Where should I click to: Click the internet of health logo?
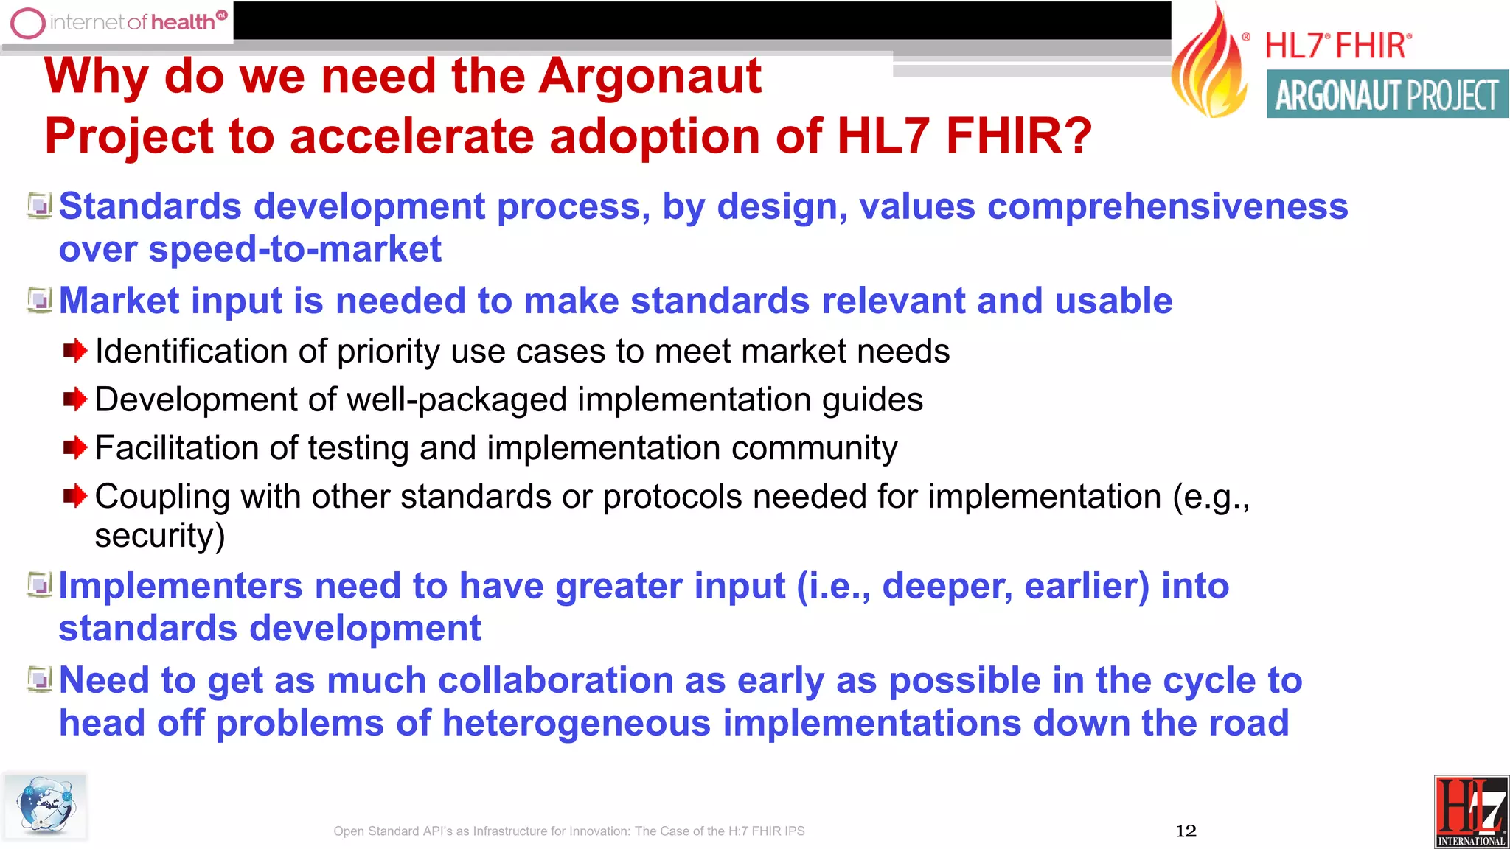(x=118, y=22)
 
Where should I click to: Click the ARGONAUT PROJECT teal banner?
(x=1387, y=94)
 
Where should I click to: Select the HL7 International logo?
(x=1471, y=811)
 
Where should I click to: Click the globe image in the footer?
(x=46, y=806)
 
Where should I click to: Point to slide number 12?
(x=1186, y=831)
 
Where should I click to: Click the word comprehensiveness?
(x=1167, y=206)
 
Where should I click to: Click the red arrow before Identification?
(x=74, y=351)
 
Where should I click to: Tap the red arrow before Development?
(x=74, y=399)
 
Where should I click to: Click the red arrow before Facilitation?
(x=74, y=447)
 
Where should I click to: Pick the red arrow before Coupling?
(x=74, y=496)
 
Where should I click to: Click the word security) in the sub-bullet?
(x=159, y=535)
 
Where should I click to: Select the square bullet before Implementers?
(x=39, y=585)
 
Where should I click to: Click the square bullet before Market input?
(x=39, y=300)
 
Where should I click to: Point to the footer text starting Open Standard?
(x=568, y=831)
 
